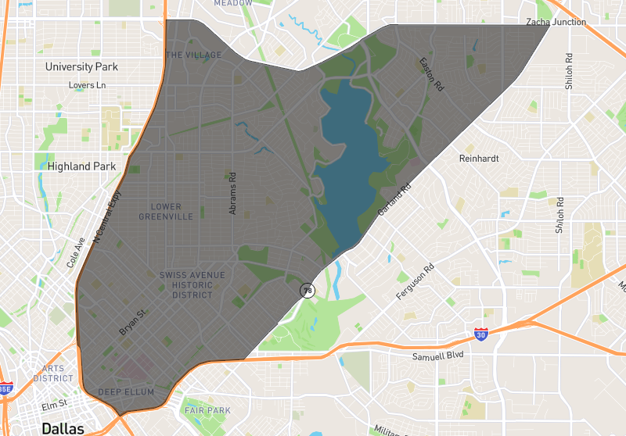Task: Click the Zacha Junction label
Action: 556,22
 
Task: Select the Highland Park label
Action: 81,166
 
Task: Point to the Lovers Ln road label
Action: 87,85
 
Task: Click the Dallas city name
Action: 63,428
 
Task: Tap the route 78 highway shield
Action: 307,289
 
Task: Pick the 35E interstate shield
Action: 5,388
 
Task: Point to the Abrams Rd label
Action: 232,193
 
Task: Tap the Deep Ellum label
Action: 126,391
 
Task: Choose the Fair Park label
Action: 207,410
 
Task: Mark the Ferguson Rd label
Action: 416,282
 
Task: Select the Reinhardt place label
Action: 478,158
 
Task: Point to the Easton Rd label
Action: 431,74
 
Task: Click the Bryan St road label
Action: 132,322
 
